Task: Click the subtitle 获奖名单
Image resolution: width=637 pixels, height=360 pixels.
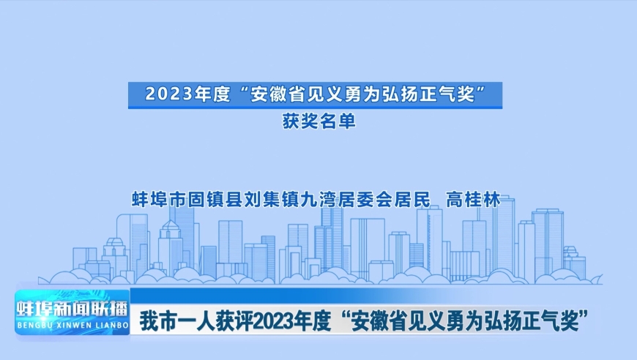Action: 319,121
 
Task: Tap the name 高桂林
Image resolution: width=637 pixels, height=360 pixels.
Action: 473,200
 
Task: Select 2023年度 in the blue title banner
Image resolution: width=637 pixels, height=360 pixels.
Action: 187,95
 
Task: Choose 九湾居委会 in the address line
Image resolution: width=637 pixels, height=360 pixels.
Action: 346,200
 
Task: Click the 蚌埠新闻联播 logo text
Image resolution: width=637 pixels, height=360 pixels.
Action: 72,310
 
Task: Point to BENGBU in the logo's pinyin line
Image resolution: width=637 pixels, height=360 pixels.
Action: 32,326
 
